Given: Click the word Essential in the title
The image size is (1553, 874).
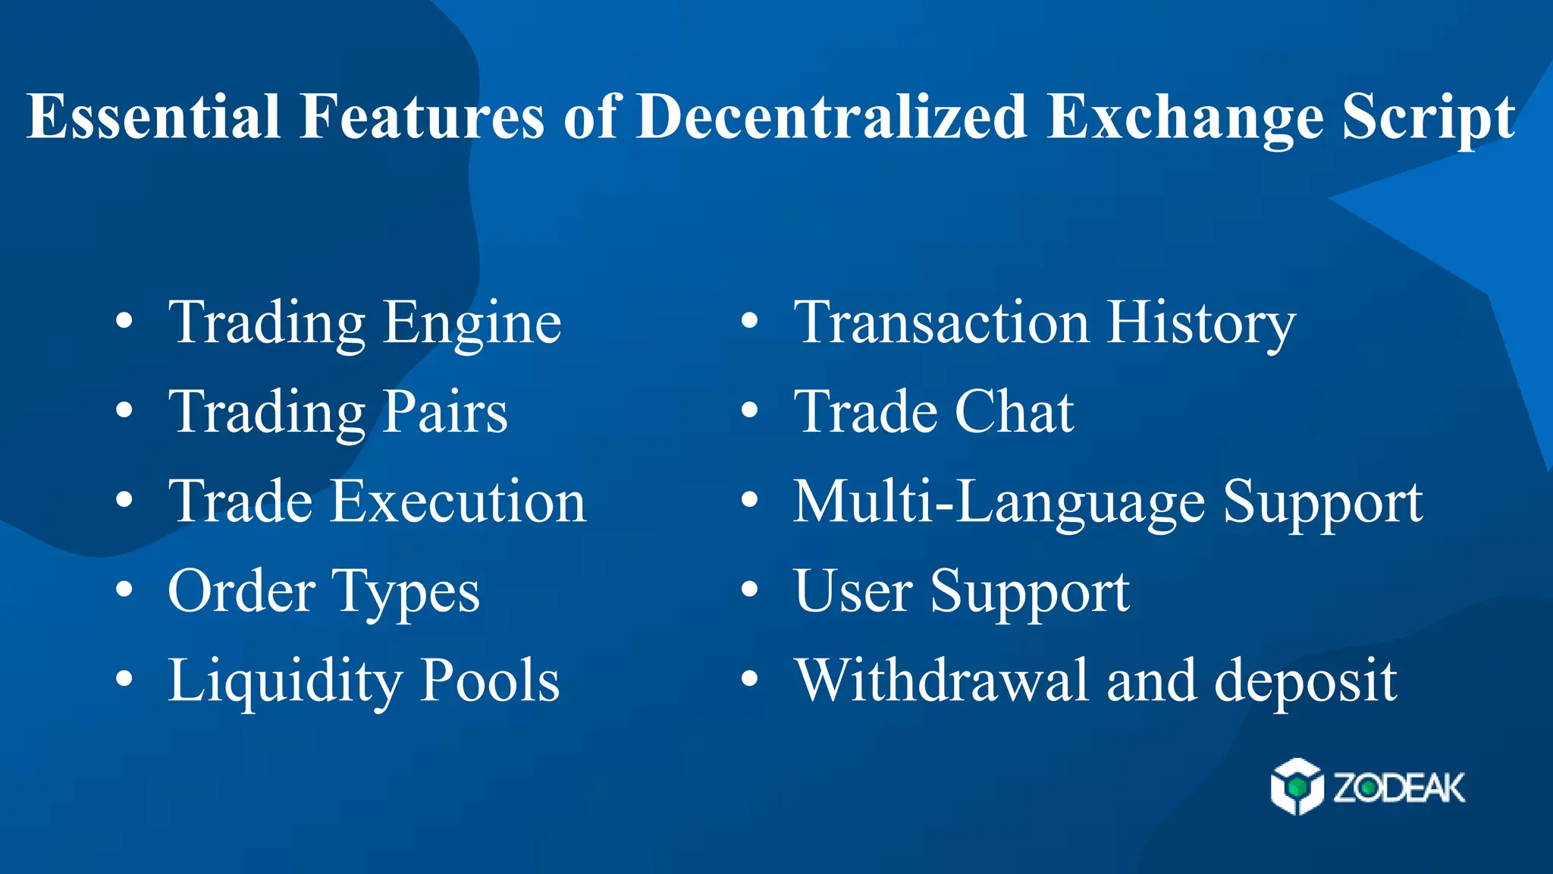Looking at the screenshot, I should click(x=153, y=116).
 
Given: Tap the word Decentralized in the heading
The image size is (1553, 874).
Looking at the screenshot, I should click(x=831, y=116).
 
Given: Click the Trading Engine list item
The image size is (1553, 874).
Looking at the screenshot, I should click(x=364, y=322).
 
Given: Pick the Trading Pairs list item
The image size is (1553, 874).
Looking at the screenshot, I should click(x=337, y=412).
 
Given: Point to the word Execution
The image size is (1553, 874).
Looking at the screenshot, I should click(x=458, y=501).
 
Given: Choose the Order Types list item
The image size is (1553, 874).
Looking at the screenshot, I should click(x=324, y=591).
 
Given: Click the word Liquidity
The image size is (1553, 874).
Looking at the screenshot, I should click(x=284, y=681).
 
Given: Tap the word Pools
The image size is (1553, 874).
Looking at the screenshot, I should click(x=490, y=681).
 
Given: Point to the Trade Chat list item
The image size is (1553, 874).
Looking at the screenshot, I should click(x=933, y=412).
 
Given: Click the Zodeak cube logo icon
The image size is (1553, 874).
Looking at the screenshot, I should click(x=1297, y=787).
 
